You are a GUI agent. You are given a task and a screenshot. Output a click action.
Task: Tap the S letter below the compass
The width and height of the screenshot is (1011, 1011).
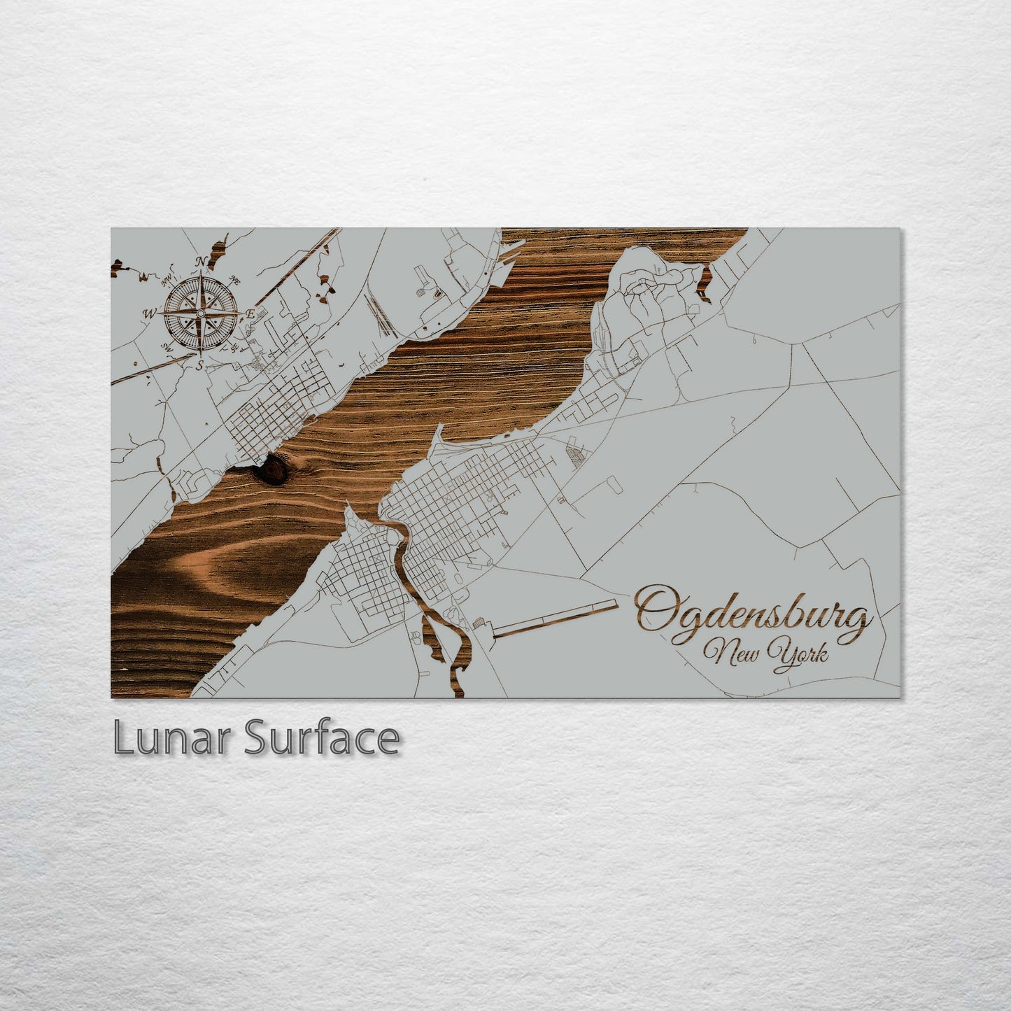[x=199, y=365]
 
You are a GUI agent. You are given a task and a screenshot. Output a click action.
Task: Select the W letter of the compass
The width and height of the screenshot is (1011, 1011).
[x=149, y=314]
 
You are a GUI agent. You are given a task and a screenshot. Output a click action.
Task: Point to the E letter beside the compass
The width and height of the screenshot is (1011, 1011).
[x=250, y=315]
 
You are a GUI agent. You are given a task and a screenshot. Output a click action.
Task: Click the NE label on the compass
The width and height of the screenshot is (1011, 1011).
[x=235, y=281]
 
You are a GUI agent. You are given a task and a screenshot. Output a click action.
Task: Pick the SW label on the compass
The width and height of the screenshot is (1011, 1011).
[x=167, y=346]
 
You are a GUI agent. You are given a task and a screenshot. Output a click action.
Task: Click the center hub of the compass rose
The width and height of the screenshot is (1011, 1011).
[x=200, y=313]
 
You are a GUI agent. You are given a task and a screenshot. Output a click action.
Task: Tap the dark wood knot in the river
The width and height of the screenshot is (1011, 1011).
[x=271, y=469]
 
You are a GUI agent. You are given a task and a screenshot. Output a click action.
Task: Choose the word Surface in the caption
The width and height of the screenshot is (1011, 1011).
[x=321, y=738]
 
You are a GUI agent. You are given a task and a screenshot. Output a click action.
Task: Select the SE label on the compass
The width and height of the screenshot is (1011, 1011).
[x=234, y=347]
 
